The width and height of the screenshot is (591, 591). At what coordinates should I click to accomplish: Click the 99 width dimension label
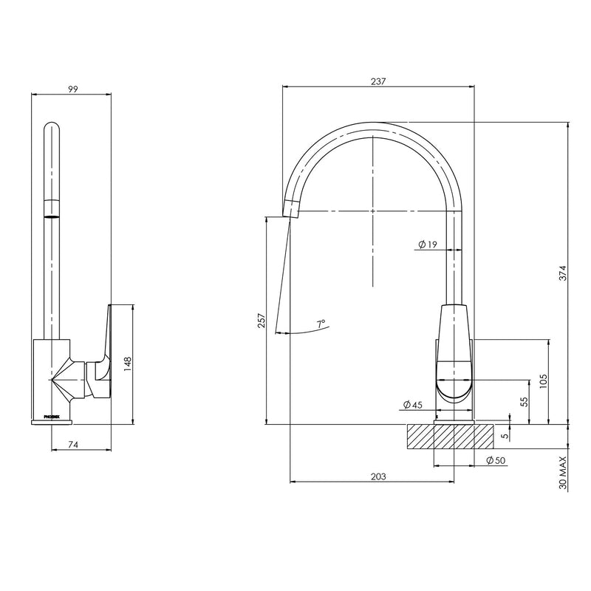pyautogui.click(x=72, y=89)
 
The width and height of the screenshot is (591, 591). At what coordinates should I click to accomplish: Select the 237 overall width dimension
pyautogui.click(x=378, y=81)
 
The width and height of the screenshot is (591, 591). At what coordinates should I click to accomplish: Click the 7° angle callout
pyautogui.click(x=321, y=324)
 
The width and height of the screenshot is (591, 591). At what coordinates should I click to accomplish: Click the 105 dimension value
pyautogui.click(x=543, y=380)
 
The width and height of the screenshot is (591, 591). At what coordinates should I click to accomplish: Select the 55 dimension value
pyautogui.click(x=524, y=403)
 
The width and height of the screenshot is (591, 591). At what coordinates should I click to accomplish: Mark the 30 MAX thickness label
pyautogui.click(x=563, y=474)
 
